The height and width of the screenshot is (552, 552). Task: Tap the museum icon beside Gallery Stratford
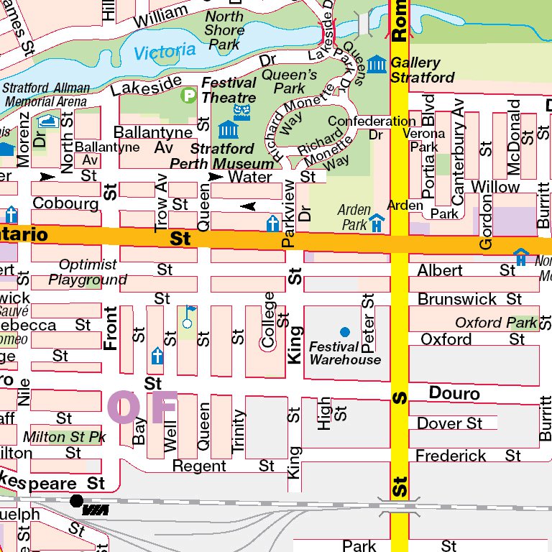pos(376,64)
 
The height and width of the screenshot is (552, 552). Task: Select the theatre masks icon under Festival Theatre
pos(242,111)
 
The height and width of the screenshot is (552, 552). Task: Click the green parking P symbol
pos(189,94)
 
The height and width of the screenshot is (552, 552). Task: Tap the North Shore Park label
pos(224,30)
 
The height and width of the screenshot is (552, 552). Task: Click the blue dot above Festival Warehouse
pos(345,331)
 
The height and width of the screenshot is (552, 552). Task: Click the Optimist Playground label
pos(88,272)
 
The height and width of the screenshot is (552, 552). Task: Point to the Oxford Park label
pos(496,323)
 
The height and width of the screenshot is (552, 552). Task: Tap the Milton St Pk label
pos(64,436)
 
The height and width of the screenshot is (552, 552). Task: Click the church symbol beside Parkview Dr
pos(272,224)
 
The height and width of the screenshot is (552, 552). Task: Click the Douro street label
pos(454,393)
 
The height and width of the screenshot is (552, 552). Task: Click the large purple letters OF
pos(142,406)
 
